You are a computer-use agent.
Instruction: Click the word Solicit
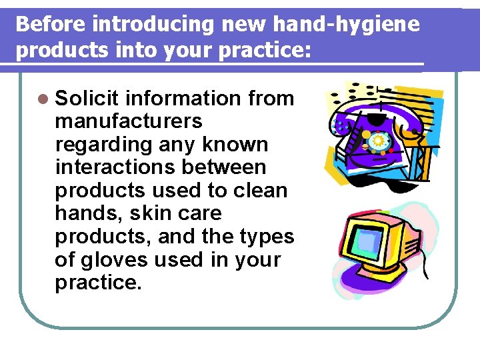pyautogui.click(x=86, y=99)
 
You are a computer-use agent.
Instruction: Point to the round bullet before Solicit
pyautogui.click(x=43, y=99)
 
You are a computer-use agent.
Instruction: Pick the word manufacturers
pyautogui.click(x=129, y=121)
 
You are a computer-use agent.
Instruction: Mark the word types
pyautogui.click(x=266, y=237)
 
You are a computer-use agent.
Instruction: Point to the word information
pyautogui.click(x=184, y=99)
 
